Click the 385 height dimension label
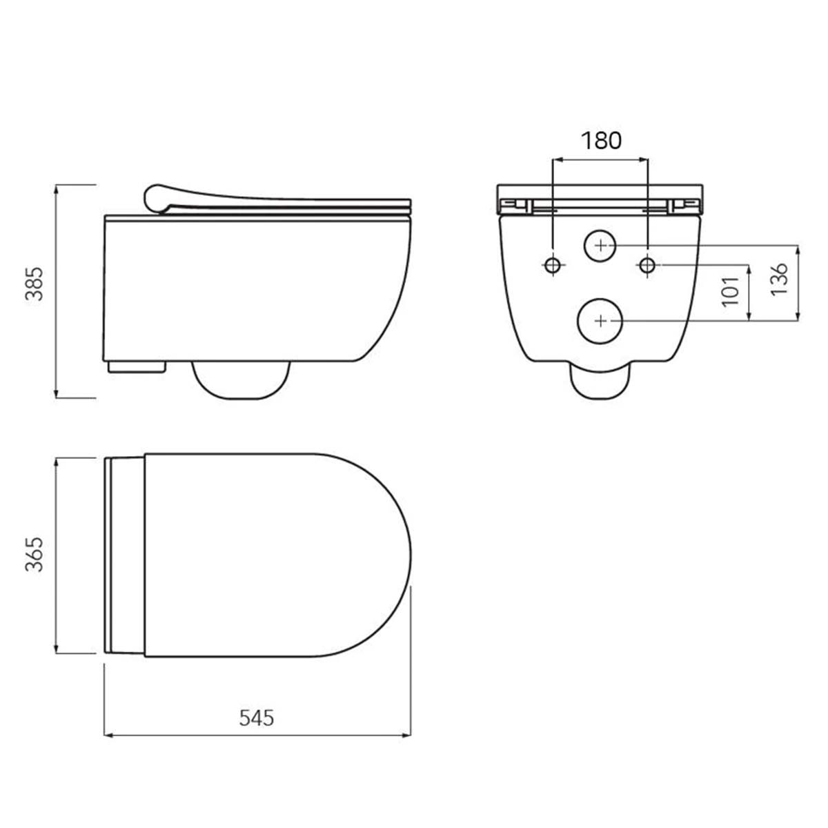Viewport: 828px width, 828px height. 35,283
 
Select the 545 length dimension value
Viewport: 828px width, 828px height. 257,718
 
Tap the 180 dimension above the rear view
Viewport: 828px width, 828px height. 601,140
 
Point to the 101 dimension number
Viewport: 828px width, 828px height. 731,290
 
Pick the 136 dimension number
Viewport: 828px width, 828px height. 779,279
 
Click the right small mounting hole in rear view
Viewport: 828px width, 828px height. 647,264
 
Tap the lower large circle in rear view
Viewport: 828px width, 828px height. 601,320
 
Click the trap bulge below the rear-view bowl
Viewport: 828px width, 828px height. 600,382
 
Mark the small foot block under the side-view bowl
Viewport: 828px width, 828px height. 137,366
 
